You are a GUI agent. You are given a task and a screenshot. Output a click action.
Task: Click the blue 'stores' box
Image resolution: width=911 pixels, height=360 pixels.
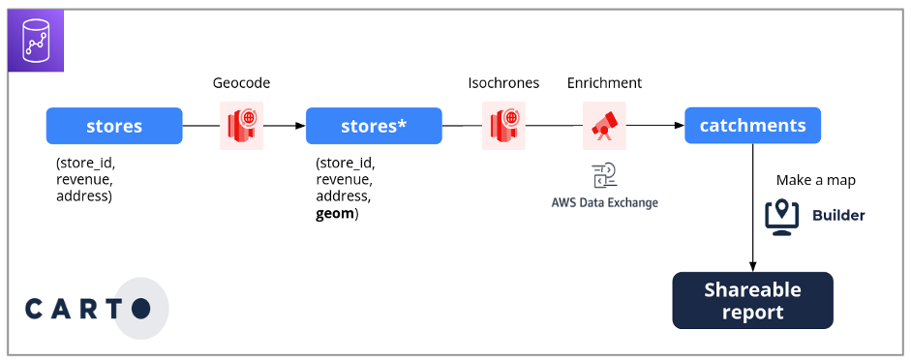(114, 126)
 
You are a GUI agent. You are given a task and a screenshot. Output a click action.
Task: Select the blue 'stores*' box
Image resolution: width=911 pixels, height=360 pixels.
(374, 126)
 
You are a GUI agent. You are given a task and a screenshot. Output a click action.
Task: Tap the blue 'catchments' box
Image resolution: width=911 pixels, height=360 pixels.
(752, 125)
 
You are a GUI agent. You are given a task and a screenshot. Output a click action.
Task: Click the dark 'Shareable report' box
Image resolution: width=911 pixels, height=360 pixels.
(752, 301)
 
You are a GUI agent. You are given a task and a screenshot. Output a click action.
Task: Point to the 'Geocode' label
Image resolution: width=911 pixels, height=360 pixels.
(241, 83)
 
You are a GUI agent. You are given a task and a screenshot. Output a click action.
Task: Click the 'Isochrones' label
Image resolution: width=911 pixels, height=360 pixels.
(503, 83)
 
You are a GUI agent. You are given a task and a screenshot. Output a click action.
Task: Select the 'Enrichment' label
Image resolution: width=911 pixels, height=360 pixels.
(604, 83)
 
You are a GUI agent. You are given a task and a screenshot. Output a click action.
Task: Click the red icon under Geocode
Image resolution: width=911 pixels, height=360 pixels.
(241, 126)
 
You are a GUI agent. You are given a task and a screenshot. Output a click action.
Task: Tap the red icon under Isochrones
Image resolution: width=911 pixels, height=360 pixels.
(503, 126)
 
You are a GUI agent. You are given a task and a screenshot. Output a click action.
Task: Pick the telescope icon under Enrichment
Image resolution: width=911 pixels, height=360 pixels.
(604, 126)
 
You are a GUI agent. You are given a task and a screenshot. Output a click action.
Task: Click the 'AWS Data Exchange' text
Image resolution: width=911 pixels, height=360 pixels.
(604, 202)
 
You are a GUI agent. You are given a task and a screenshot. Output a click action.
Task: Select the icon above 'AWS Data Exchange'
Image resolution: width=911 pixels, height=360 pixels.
(604, 176)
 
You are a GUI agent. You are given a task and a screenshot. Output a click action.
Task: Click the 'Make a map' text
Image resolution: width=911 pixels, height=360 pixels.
(815, 181)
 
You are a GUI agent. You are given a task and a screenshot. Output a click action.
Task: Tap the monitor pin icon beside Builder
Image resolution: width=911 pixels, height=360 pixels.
(781, 215)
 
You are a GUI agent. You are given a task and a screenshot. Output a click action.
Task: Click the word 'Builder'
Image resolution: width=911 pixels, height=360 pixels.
(837, 215)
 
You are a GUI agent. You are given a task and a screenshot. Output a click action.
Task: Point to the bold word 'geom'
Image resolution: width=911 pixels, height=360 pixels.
(335, 212)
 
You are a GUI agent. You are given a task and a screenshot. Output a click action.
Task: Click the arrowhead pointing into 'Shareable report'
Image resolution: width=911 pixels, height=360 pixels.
(752, 265)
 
